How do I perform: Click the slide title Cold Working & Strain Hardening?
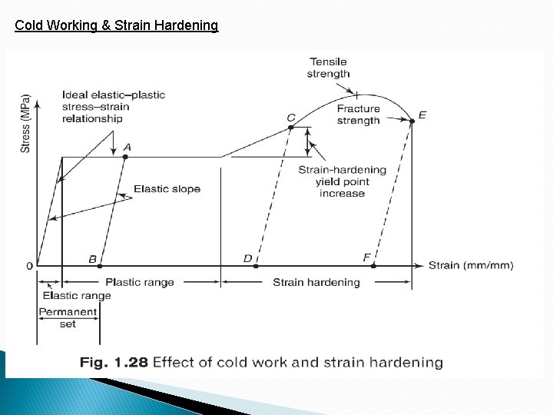click(x=117, y=25)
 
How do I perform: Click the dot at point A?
click(x=125, y=157)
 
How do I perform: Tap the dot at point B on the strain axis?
click(x=100, y=266)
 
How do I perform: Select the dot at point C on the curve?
click(x=291, y=128)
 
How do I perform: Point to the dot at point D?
click(x=257, y=266)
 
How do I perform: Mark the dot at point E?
click(x=412, y=120)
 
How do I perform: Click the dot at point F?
click(x=374, y=266)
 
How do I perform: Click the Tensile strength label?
click(x=329, y=68)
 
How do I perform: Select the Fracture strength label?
click(x=358, y=115)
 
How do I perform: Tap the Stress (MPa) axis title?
click(x=25, y=123)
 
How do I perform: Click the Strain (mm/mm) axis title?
click(x=471, y=266)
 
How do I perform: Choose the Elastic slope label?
click(x=167, y=189)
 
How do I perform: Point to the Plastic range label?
click(x=139, y=282)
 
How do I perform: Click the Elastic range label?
click(x=77, y=296)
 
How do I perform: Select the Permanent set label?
click(x=68, y=318)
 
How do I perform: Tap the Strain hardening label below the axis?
click(x=316, y=282)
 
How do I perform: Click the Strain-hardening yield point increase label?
click(x=342, y=181)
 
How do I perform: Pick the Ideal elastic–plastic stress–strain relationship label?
click(x=113, y=107)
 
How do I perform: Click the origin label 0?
click(x=29, y=266)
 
